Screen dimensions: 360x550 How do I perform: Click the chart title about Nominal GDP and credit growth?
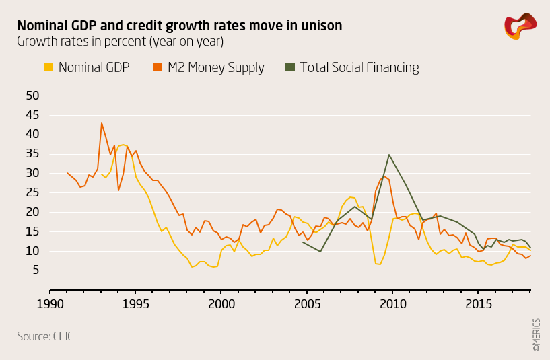[x=179, y=26]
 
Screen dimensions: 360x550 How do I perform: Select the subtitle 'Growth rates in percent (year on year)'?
[x=120, y=42]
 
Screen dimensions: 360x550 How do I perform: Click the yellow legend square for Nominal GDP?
[x=48, y=67]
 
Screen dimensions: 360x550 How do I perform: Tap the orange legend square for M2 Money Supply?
[x=158, y=67]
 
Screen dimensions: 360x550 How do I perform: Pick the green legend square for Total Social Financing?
[x=290, y=67]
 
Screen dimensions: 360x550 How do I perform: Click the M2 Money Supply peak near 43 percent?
[x=102, y=123]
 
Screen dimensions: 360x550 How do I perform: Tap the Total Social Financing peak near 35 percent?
[x=389, y=155]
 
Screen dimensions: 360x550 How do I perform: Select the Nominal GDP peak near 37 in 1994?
[x=123, y=145]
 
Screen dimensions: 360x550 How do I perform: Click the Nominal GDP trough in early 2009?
[x=380, y=264]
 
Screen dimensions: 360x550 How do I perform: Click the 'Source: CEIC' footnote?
[x=45, y=336]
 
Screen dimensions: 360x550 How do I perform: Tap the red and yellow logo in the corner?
[x=520, y=26]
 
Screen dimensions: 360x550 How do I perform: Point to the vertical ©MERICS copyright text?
[x=537, y=334]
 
